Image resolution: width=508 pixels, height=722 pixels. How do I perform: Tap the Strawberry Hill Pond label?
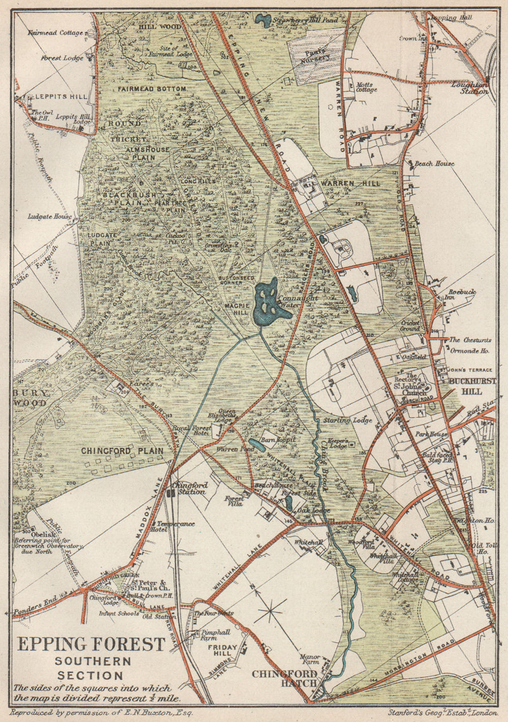tap(305, 21)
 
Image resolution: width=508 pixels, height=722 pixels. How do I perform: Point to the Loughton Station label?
tap(470, 88)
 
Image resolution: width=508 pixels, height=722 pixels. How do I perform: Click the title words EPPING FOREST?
tap(91, 644)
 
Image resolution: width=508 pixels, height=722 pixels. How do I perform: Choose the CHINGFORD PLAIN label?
tap(122, 451)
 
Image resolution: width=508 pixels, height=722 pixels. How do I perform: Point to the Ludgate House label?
tap(49, 217)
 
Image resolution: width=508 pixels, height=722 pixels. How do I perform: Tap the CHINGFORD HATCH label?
tap(284, 678)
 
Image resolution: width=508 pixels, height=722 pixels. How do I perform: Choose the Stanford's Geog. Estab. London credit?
tap(442, 712)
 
